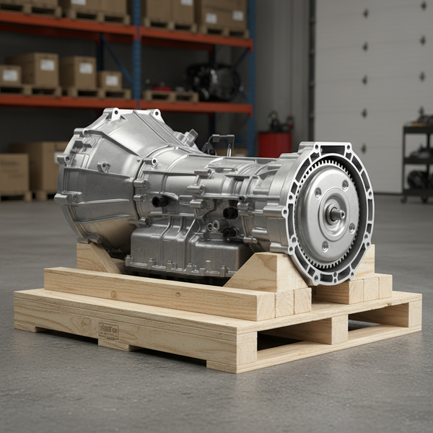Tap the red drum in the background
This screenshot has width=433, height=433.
tap(275, 144)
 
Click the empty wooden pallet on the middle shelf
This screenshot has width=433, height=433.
tap(170, 95)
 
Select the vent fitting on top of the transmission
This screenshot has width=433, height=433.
tap(191, 135)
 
